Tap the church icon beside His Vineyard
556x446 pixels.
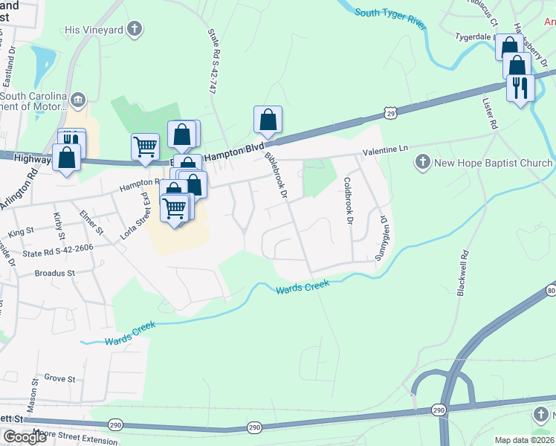pos(134,29)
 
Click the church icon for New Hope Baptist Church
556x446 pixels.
pos(423,162)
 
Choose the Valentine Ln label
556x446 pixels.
pos(386,149)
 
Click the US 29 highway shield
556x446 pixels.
pos(390,111)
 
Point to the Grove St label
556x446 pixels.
pos(59,379)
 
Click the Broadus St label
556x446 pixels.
pos(55,274)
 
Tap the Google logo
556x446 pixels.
pos(25,437)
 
